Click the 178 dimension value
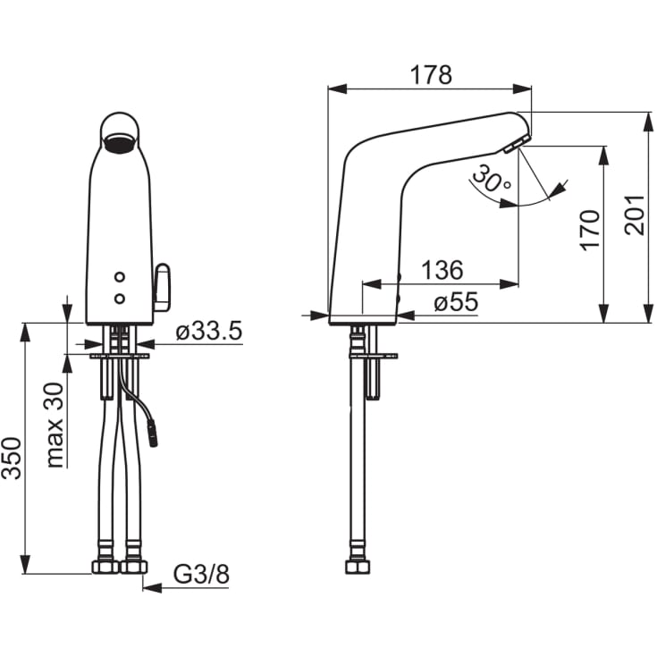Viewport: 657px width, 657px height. (431, 75)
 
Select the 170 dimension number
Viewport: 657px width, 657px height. (590, 231)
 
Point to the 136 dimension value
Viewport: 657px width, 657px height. (442, 270)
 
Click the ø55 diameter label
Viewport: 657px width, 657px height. (456, 302)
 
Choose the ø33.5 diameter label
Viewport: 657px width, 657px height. (209, 331)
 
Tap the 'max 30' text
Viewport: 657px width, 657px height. (55, 425)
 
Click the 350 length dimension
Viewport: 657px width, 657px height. (12, 459)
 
